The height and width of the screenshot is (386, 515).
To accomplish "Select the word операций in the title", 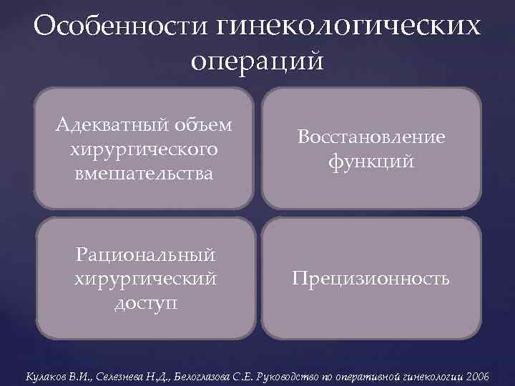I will coord(257,60).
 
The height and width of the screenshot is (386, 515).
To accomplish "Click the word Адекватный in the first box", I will coord(109,126).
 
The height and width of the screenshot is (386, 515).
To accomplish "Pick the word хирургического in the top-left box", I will coord(144,149).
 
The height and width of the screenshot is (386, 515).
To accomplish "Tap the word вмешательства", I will coord(144,173).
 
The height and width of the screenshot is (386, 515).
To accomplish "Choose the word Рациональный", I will coord(146,254).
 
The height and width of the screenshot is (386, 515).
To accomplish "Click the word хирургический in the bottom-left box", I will coord(146,278).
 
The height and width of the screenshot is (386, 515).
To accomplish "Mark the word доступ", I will coord(146,302).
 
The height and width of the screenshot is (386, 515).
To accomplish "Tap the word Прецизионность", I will coord(371,278).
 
